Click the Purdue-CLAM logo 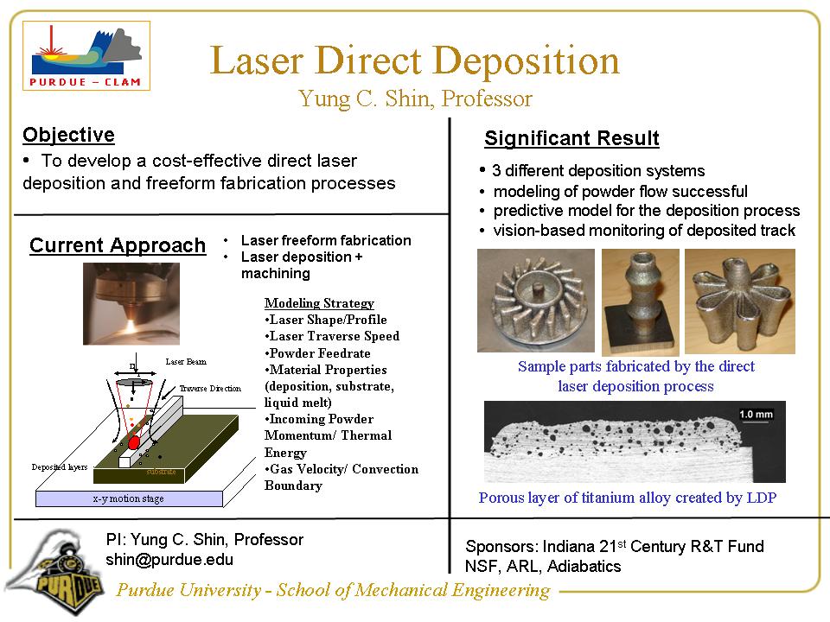pos(86,56)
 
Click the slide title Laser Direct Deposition pos(415,61)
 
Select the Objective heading pos(68,135)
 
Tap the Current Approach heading pos(118,246)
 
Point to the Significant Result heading pos(571,138)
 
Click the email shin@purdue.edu pos(169,559)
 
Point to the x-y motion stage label pos(128,498)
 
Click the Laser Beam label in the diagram pos(185,361)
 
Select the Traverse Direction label pos(210,389)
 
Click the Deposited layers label pos(60,466)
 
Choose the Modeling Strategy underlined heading pos(319,303)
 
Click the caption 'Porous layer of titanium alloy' pos(628,498)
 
